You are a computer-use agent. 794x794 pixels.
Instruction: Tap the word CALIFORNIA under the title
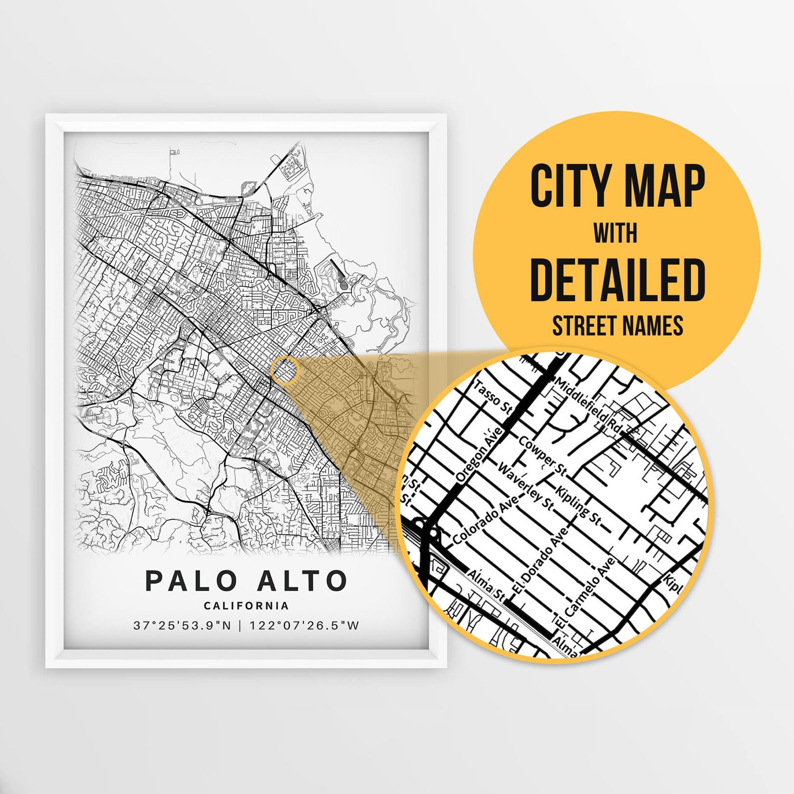tap(246, 606)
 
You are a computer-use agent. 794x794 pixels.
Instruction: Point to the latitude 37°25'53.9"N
tap(182, 626)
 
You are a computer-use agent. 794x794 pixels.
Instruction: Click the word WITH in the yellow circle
tap(615, 233)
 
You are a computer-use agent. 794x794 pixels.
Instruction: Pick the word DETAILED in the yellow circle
tap(617, 279)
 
